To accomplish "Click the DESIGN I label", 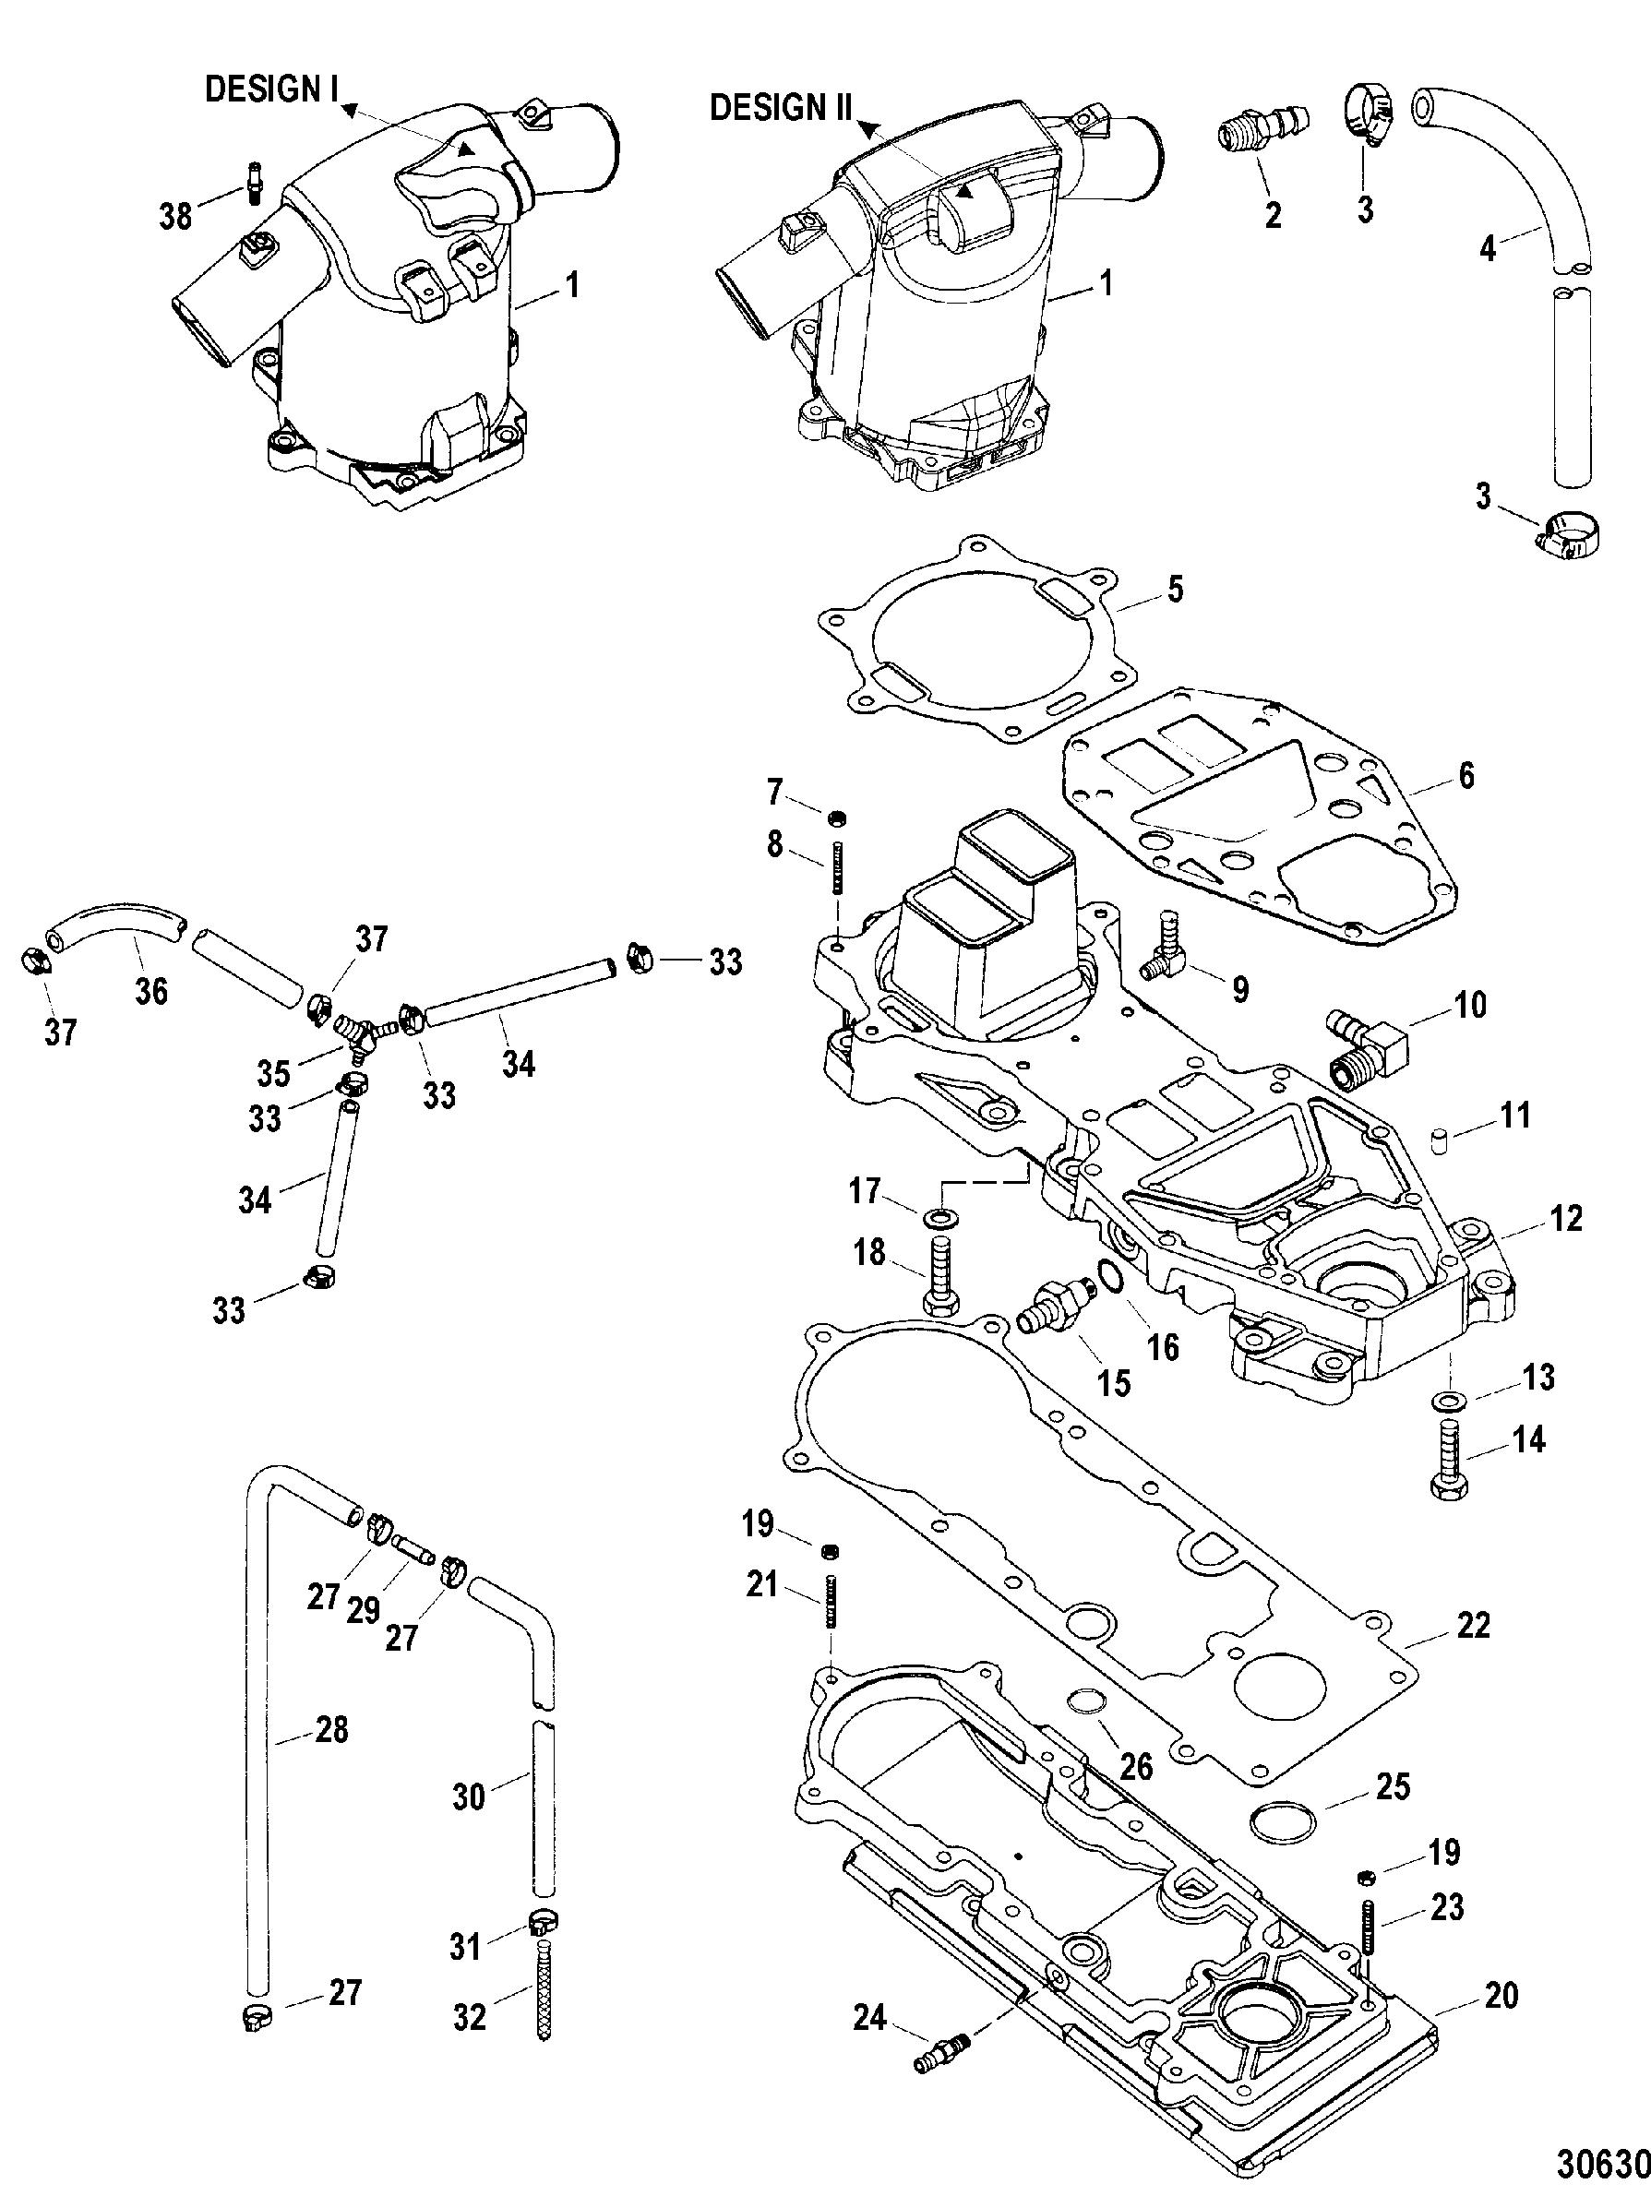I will point(271,89).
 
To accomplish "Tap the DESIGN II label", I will point(781,107).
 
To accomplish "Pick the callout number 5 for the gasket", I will point(1175,590).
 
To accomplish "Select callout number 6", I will point(1464,775).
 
